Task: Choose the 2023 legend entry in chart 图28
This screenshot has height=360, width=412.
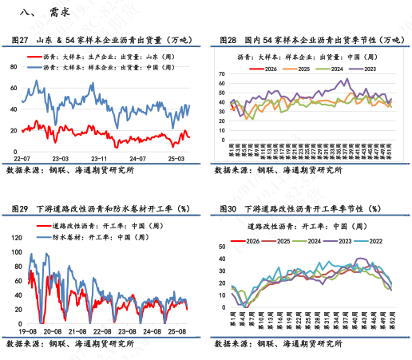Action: [x=365, y=69]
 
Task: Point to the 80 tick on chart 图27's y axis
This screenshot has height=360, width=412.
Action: [x=14, y=66]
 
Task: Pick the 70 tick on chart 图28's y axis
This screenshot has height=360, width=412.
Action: [x=222, y=71]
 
